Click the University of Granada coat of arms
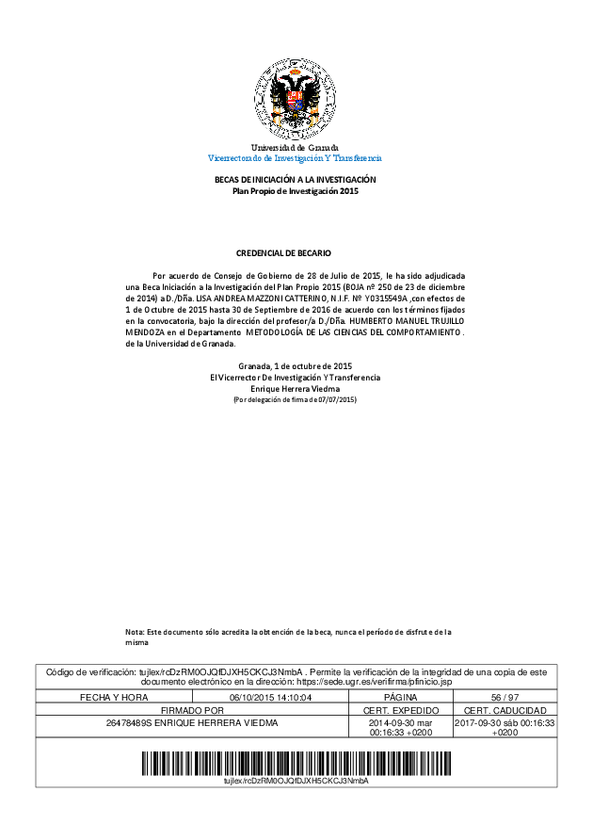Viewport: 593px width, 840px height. tap(295, 99)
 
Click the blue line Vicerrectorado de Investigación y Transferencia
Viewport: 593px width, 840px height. tap(295, 158)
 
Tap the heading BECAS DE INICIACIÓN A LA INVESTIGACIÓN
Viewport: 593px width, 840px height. tap(296, 179)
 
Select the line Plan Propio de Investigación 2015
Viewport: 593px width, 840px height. tap(296, 191)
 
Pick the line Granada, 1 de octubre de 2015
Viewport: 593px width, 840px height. tap(295, 365)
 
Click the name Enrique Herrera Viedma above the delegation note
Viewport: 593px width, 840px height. tap(295, 388)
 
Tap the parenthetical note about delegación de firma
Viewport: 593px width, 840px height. tap(295, 400)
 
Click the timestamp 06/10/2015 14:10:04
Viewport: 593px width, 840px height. tap(270, 697)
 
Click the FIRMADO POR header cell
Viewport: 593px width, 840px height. tap(192, 710)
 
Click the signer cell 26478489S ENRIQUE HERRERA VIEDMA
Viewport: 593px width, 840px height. tap(192, 723)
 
